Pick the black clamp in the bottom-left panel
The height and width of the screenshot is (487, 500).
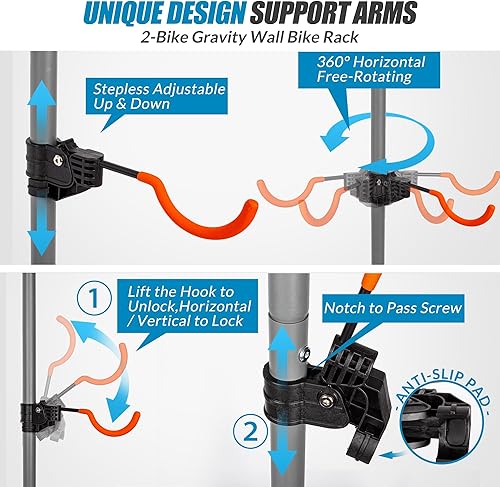47,410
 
